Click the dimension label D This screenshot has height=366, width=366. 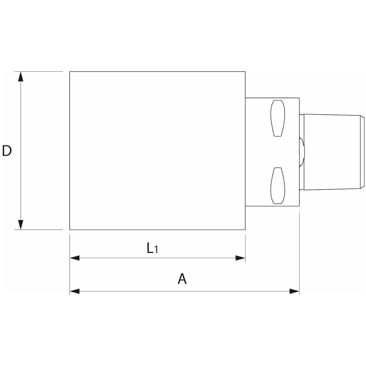click(x=7, y=151)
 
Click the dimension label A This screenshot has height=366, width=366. click(x=182, y=279)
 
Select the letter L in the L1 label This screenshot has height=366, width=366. click(x=149, y=248)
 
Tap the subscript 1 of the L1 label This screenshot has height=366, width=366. click(x=156, y=250)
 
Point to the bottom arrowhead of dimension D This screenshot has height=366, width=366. click(x=20, y=224)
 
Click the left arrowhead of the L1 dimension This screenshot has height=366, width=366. click(x=75, y=258)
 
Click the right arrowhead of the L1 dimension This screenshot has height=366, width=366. click(x=240, y=258)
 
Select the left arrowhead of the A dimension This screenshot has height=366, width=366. click(x=75, y=291)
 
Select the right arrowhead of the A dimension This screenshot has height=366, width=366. click(x=294, y=291)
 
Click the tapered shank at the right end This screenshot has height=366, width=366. click(x=331, y=152)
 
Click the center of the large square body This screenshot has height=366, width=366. click(x=157, y=151)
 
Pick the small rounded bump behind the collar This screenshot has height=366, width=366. click(x=302, y=152)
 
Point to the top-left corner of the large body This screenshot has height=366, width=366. click(x=70, y=72)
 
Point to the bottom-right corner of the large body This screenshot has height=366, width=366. click(x=245, y=229)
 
